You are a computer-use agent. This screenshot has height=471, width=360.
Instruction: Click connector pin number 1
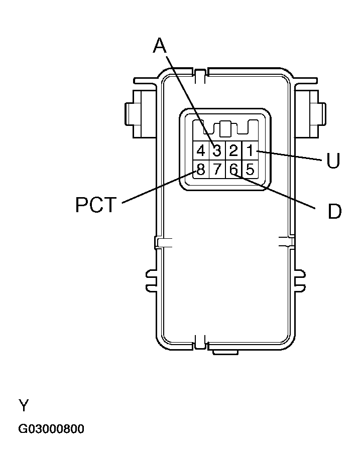pyautogui.click(x=250, y=150)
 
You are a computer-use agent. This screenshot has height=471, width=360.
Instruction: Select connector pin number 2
pyautogui.click(x=233, y=150)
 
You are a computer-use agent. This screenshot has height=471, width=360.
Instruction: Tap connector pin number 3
pyautogui.click(x=217, y=150)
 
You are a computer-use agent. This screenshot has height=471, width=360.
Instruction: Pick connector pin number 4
pyautogui.click(x=200, y=150)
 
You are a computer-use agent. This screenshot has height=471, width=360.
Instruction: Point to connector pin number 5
pyautogui.click(x=250, y=170)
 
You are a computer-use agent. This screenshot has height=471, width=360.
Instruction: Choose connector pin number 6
pyautogui.click(x=233, y=170)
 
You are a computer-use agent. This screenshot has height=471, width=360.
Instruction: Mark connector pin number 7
pyautogui.click(x=217, y=170)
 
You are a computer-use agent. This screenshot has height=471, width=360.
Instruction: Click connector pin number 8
pyautogui.click(x=200, y=170)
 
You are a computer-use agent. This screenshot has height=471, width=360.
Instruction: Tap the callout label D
pyautogui.click(x=334, y=212)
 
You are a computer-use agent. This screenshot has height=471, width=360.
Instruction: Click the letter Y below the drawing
pyautogui.click(x=24, y=405)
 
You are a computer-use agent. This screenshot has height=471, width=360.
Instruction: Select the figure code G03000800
pyautogui.click(x=51, y=429)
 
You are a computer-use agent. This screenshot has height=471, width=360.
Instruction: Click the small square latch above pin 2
pyautogui.click(x=225, y=128)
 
